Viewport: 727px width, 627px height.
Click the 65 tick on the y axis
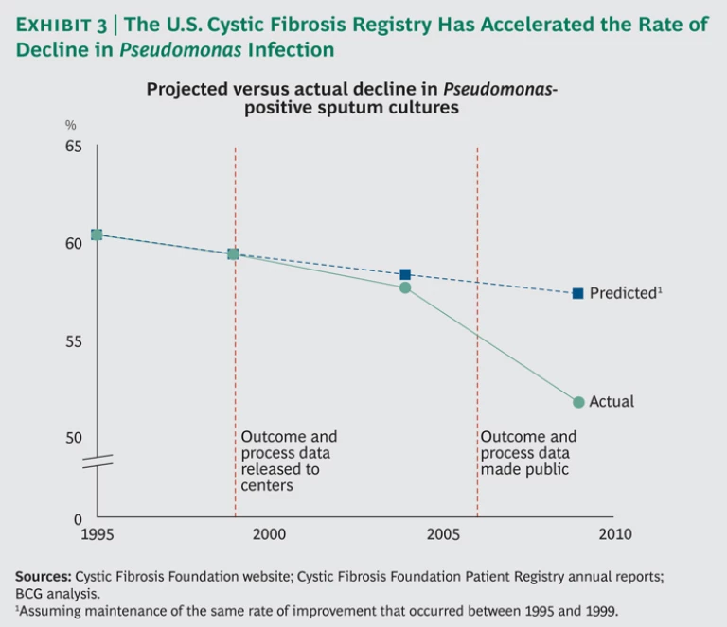pyautogui.click(x=74, y=147)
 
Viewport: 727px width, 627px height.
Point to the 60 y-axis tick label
pyautogui.click(x=74, y=243)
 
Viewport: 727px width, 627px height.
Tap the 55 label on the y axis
pyautogui.click(x=74, y=340)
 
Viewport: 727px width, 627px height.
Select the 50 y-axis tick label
pyautogui.click(x=74, y=437)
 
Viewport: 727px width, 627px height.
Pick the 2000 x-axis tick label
pyautogui.click(x=269, y=534)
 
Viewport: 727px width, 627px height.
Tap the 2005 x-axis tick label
pyautogui.click(x=443, y=534)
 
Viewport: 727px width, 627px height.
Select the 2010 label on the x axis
pyautogui.click(x=615, y=534)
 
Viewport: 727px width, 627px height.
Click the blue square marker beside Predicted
pyautogui.click(x=577, y=293)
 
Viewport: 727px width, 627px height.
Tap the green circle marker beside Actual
pyautogui.click(x=578, y=402)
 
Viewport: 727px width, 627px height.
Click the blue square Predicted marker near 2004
pyautogui.click(x=405, y=274)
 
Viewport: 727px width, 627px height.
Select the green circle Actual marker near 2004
pyautogui.click(x=405, y=287)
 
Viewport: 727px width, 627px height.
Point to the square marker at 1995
pyautogui.click(x=97, y=235)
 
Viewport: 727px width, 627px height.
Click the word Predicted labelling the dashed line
pyautogui.click(x=622, y=293)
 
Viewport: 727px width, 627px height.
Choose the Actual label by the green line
pyautogui.click(x=612, y=402)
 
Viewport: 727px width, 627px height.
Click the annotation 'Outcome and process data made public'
pyautogui.click(x=528, y=453)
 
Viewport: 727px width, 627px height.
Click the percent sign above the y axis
pyautogui.click(x=70, y=125)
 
